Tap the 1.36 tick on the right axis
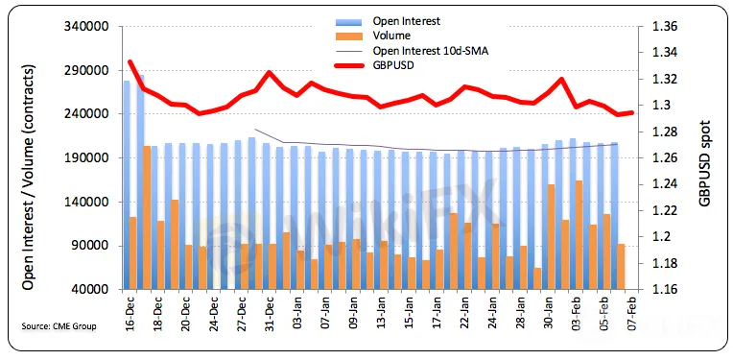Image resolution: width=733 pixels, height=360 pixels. pos(664,27)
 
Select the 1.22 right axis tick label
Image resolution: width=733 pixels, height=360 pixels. pos(664,211)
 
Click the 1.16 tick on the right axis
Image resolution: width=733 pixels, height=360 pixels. pos(664,290)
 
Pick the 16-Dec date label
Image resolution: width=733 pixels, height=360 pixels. pos(130,314)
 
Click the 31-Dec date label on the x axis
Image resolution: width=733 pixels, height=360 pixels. pos(269,314)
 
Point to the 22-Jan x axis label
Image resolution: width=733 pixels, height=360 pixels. pos(465,314)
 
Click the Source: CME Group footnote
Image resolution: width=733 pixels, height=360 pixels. pos(59,326)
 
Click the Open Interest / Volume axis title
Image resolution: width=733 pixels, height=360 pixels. pos(29,178)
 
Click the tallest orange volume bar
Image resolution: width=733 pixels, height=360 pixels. pos(147,218)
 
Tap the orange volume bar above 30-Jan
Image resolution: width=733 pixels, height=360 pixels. pos(551,237)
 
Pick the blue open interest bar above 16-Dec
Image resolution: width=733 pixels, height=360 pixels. pos(127,185)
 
